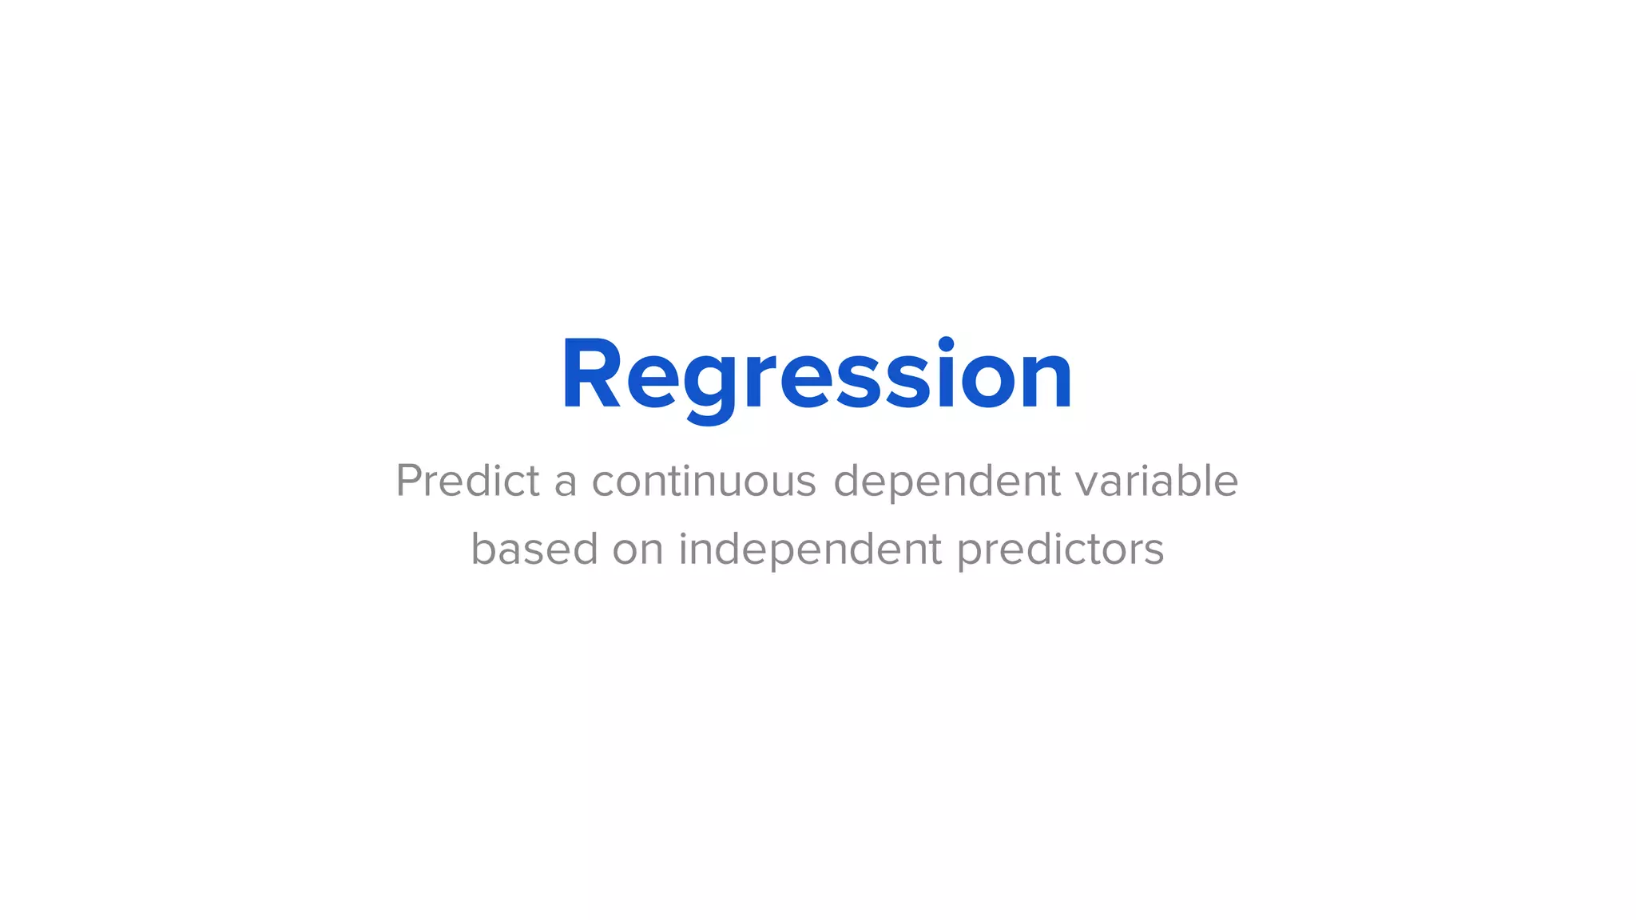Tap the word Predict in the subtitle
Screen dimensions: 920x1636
click(468, 481)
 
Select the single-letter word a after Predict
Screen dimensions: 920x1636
click(566, 484)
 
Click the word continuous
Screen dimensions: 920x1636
click(704, 481)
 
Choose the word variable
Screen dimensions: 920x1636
click(1156, 481)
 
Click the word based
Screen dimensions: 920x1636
click(534, 549)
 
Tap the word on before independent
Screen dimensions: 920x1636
click(638, 552)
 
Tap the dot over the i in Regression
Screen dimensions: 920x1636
click(946, 344)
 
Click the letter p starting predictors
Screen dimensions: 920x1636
click(971, 554)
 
